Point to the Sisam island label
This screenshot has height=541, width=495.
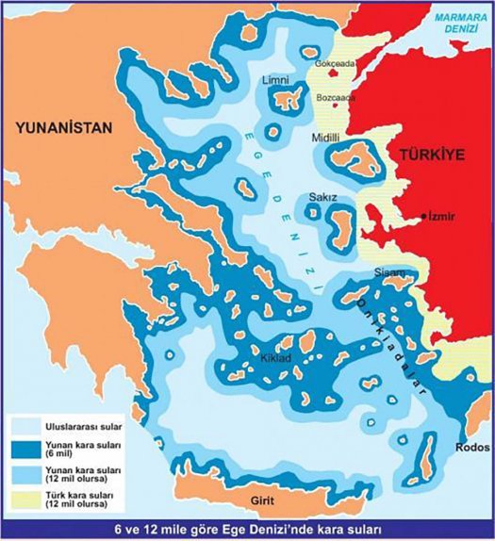point(389,272)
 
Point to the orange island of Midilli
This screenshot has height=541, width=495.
point(356,157)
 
